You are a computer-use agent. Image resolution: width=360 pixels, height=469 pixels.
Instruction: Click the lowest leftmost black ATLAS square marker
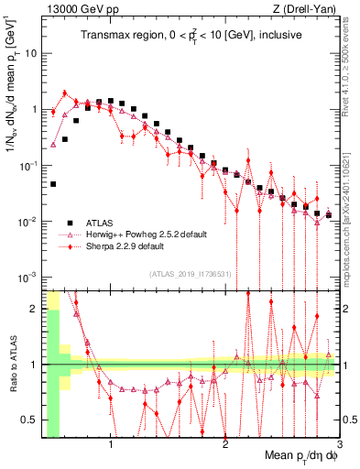point(53,184)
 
